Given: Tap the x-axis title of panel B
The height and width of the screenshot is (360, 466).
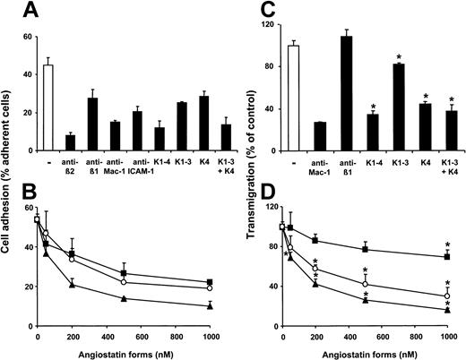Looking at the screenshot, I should (x=125, y=352).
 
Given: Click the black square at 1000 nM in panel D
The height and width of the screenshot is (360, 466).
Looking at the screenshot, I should (x=447, y=257).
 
